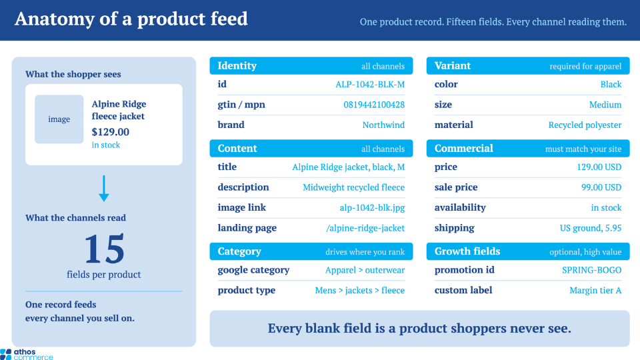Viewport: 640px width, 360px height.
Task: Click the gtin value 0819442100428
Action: coord(374,105)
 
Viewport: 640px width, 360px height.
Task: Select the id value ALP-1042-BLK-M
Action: coord(370,85)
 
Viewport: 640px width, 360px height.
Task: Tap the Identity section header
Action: coord(311,66)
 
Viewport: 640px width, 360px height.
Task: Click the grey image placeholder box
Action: coord(59,119)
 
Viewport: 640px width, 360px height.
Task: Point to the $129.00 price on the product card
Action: coord(110,132)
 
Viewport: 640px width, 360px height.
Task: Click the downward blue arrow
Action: coord(104,189)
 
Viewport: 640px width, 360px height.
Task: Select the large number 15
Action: coord(104,249)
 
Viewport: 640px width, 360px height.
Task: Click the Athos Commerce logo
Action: coord(27,354)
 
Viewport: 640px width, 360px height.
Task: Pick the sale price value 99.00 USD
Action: coord(601,187)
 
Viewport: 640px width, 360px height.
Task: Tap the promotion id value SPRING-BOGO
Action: coord(591,270)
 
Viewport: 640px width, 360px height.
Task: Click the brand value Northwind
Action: coord(383,125)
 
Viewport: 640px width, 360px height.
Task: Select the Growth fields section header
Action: coord(528,251)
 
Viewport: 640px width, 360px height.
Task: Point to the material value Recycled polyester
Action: coord(585,125)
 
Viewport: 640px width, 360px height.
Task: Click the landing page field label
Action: coord(247,228)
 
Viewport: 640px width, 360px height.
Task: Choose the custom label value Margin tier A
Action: coord(595,290)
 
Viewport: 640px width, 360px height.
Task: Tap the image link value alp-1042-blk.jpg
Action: coord(372,208)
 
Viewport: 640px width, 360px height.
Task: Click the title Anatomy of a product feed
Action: coord(131,19)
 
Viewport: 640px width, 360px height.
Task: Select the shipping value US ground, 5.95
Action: coord(590,228)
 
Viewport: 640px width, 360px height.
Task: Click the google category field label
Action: coord(253,270)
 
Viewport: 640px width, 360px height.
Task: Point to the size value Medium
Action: coord(605,105)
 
